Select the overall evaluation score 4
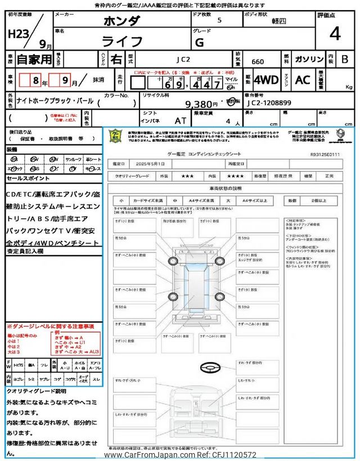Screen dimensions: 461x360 click(335, 34)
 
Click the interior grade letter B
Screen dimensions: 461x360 click(344, 59)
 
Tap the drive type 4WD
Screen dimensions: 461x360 click(266, 80)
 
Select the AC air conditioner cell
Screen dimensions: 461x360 click(303, 80)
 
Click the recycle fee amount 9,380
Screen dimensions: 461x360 click(201, 104)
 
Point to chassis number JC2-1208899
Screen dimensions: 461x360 click(268, 104)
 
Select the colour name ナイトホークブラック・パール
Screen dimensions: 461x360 click(51, 104)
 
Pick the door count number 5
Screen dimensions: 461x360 click(219, 20)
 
